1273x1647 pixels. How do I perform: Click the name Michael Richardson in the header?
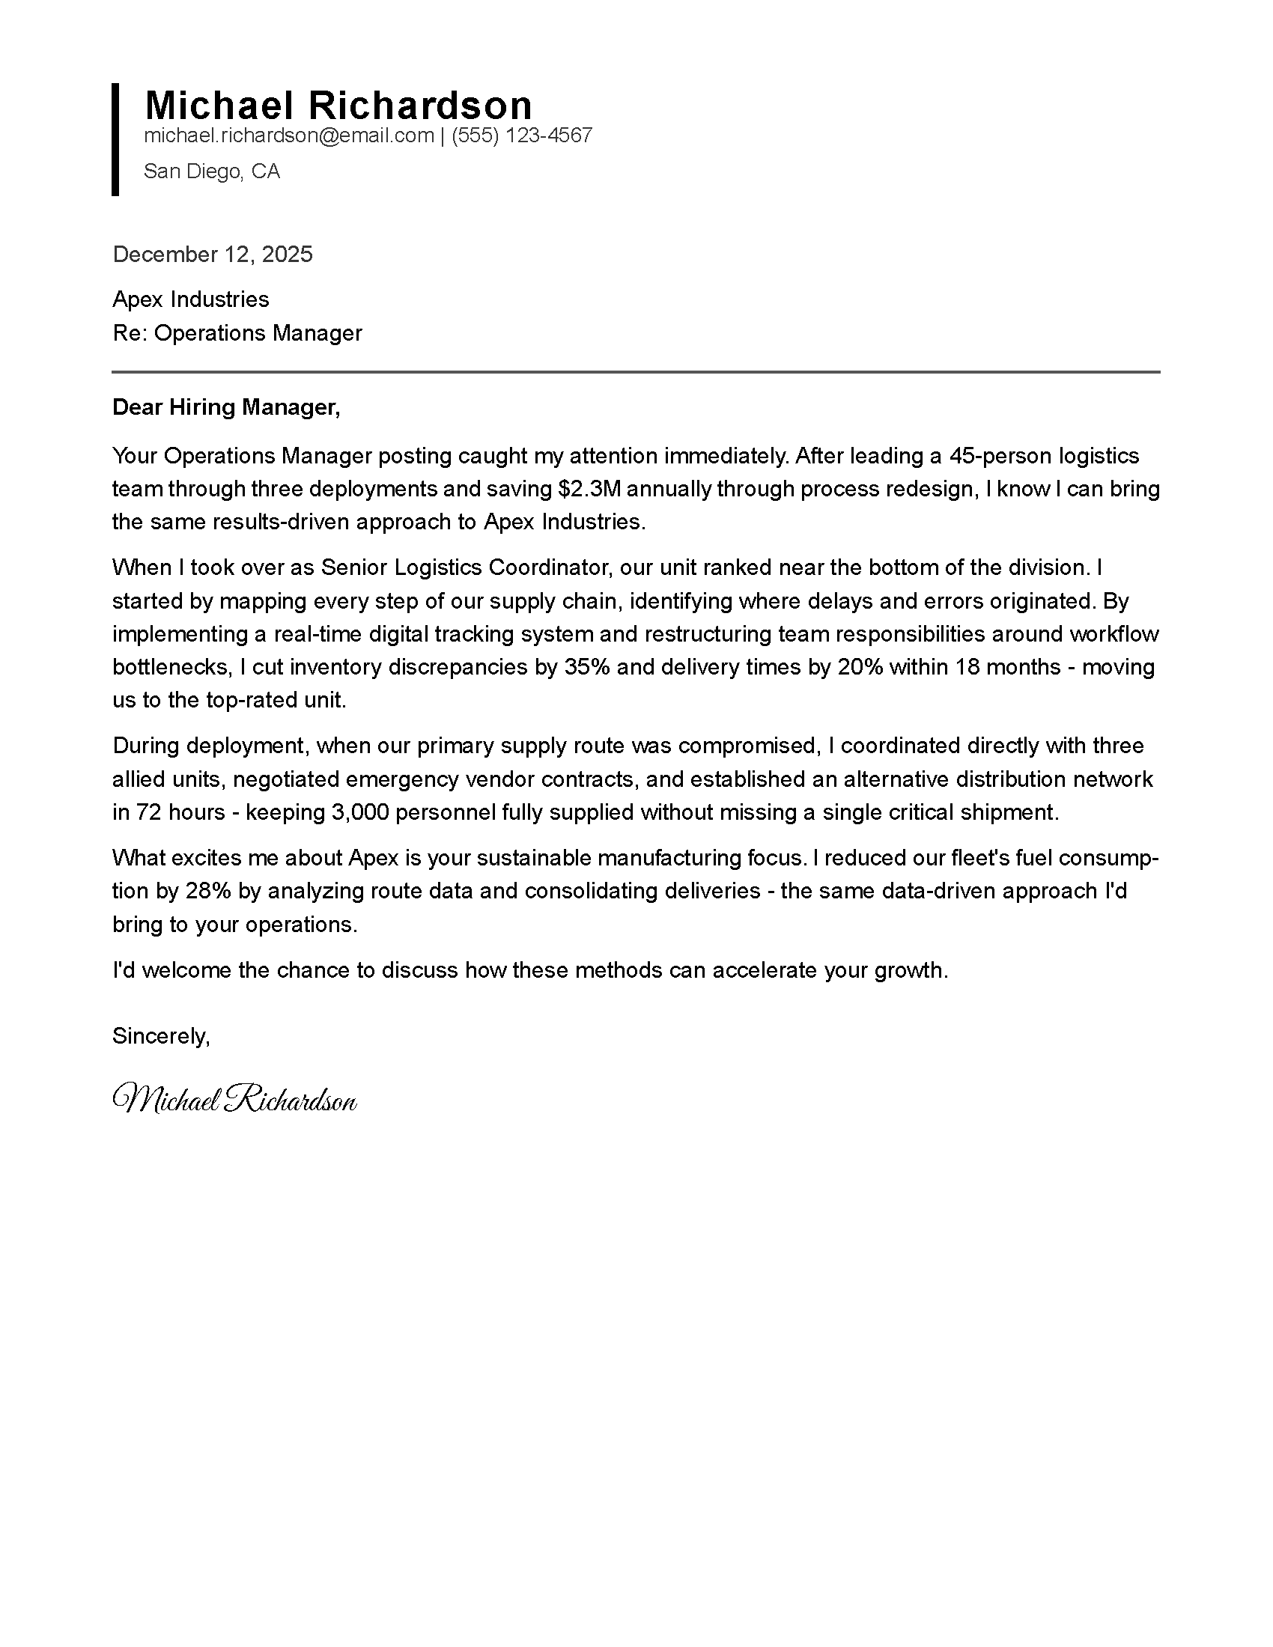338,105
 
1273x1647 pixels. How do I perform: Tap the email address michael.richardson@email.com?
289,136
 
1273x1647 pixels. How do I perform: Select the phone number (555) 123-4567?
522,136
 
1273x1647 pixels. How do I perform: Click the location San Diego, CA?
211,171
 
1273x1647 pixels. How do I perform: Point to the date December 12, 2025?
213,254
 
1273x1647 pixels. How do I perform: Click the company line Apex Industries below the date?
191,299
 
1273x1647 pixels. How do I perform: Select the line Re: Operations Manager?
237,332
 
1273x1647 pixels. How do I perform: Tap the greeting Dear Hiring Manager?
226,407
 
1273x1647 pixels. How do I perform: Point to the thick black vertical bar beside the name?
115,139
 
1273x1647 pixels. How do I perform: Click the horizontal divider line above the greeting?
636,372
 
